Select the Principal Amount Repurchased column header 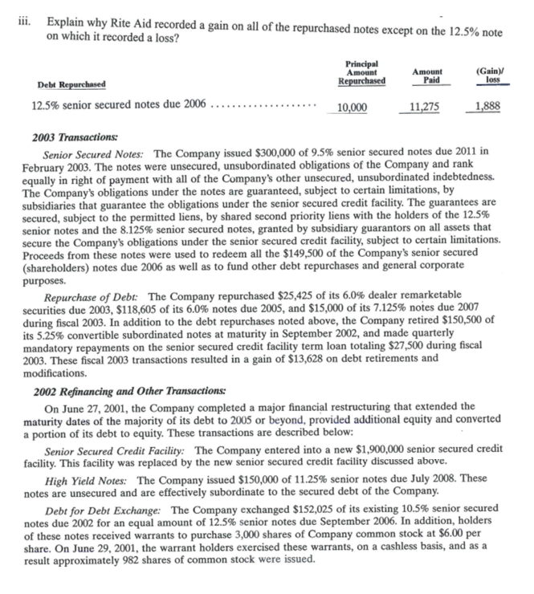(x=361, y=71)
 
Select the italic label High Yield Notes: (x=88, y=479)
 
